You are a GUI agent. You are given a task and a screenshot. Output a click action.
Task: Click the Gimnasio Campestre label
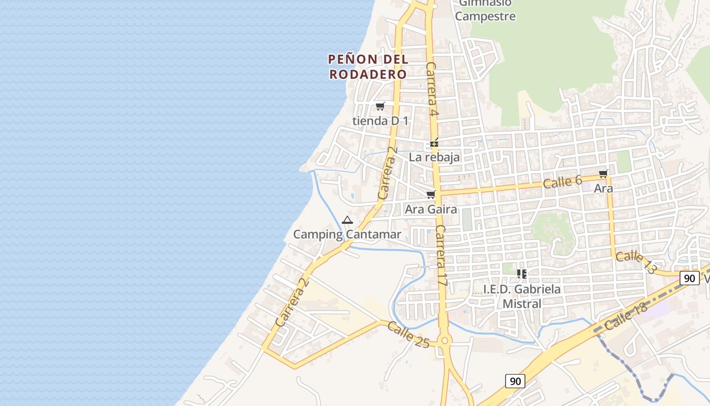tap(485, 10)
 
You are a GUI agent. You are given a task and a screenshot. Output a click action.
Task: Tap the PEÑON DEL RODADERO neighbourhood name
tap(368, 66)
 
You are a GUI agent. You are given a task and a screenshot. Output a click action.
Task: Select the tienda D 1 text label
tap(380, 121)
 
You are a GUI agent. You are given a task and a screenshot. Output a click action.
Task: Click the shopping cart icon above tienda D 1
tap(380, 106)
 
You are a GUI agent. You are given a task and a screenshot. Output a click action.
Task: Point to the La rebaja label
tap(434, 157)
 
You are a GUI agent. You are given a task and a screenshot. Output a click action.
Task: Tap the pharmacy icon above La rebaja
tap(434, 143)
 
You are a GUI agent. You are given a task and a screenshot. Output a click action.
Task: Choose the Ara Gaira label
tap(431, 209)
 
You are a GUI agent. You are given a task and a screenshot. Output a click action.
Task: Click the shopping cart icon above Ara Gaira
tap(431, 194)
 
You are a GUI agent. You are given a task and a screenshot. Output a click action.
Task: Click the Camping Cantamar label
tap(347, 234)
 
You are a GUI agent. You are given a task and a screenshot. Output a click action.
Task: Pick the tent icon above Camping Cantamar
tap(347, 220)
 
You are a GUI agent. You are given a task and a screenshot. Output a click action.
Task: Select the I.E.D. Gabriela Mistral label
tap(522, 296)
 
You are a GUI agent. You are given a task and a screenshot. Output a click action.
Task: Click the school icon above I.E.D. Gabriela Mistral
tap(522, 274)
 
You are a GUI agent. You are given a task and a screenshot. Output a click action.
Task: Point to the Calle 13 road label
tap(635, 262)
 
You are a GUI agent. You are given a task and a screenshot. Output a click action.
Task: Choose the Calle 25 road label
tap(408, 334)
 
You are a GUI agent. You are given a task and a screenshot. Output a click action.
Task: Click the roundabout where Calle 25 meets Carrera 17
tap(445, 341)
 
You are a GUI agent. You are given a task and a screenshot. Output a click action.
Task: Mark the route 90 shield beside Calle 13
tap(689, 278)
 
